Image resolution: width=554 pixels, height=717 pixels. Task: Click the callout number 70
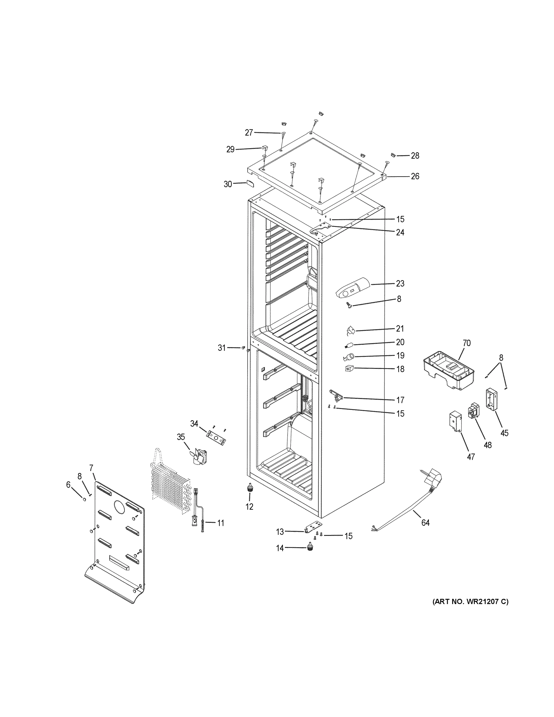click(x=466, y=343)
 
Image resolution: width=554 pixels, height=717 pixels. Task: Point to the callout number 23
click(x=400, y=283)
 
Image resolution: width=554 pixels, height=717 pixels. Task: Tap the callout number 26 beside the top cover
click(x=415, y=176)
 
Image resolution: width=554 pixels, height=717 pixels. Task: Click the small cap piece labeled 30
click(x=250, y=183)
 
